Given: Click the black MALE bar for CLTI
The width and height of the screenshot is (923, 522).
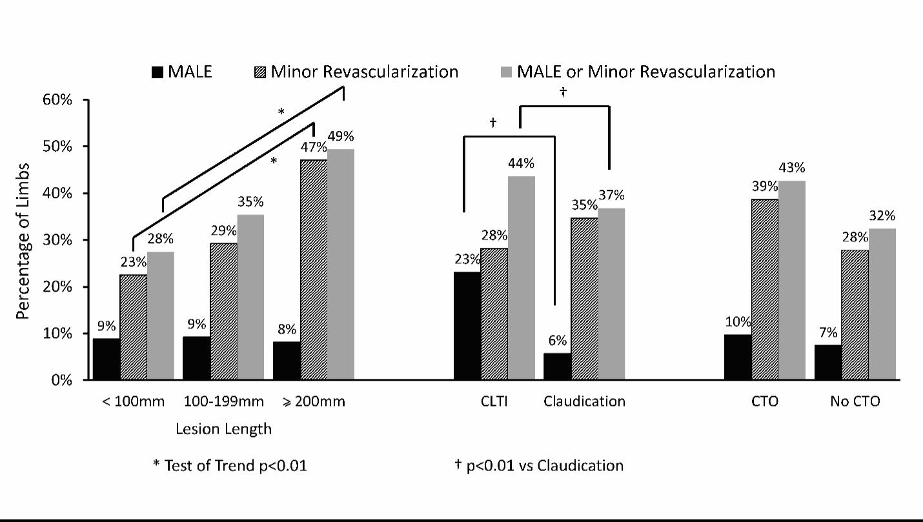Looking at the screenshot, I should pos(467,326).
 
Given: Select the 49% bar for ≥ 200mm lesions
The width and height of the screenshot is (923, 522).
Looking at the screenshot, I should pos(341,265).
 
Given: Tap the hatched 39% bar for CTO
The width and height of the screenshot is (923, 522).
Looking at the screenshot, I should pos(765,290).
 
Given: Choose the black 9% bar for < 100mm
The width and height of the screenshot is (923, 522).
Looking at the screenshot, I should pos(107,359).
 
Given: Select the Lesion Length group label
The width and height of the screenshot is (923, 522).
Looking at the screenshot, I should pos(223,428).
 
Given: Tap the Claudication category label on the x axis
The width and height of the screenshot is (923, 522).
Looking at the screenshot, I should pos(584,401).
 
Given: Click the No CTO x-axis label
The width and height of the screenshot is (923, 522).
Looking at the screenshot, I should pos(855,401).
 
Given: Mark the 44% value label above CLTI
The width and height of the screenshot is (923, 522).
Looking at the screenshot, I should pos(521,163).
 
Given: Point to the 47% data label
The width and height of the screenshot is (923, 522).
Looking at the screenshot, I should pos(314,147).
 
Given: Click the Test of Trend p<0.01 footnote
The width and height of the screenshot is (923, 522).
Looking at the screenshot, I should pos(229,465).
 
